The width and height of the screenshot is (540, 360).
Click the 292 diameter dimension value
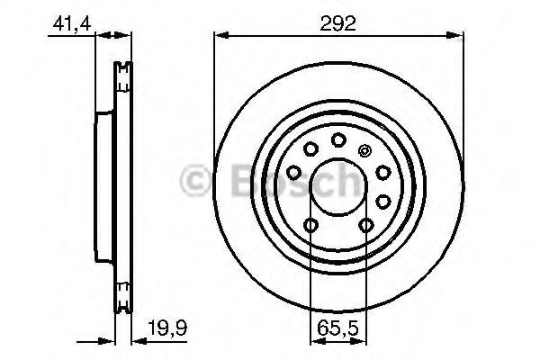pos(337,23)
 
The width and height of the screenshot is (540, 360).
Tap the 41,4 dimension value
pos(72,24)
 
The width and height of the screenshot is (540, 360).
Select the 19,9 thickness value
pos(167,328)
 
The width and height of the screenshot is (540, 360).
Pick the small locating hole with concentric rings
pos(364,150)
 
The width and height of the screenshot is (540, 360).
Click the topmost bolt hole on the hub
pos(338,139)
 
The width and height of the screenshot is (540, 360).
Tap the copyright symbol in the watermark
pos(195,181)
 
